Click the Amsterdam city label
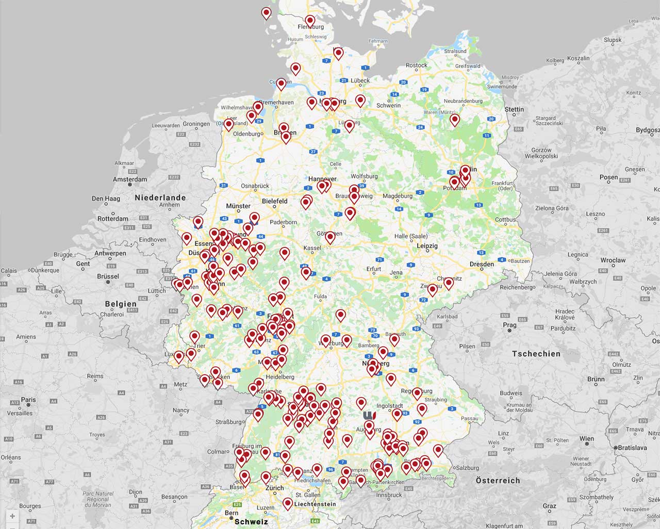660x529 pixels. coord(130,179)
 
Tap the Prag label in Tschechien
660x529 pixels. coord(509,325)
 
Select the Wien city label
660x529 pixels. coord(586,439)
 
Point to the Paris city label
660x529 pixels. coord(28,400)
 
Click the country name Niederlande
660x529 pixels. coord(160,197)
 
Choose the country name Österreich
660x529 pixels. coord(498,481)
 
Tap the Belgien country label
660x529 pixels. coord(121,304)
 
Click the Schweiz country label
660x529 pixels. coord(251,521)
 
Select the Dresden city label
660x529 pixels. coord(482,264)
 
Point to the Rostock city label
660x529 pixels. coord(417,65)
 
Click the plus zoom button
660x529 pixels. coord(12,516)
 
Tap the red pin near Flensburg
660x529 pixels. coord(310,22)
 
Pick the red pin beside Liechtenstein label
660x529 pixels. coord(288,503)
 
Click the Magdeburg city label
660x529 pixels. coord(398,196)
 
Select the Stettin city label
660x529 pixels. coord(514,109)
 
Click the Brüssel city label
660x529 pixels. coord(108,276)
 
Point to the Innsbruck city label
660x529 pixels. coord(389,495)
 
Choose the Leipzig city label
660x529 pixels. coord(427,246)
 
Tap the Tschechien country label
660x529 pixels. coord(536,354)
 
